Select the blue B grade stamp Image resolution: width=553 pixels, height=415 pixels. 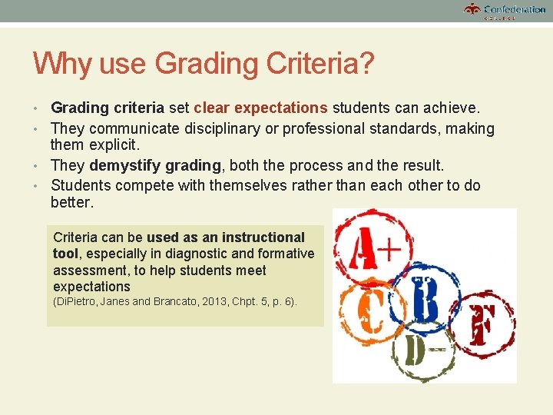click(x=424, y=300)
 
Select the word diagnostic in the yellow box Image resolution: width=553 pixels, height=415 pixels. click(x=198, y=254)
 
